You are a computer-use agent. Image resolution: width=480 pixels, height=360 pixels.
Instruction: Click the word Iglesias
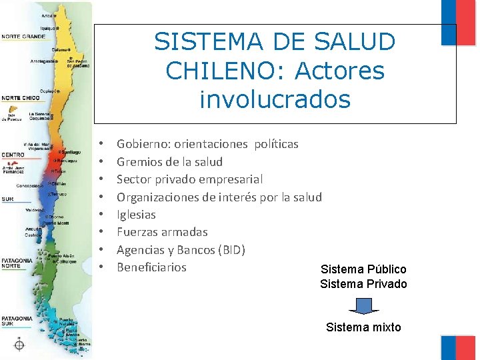click(x=136, y=215)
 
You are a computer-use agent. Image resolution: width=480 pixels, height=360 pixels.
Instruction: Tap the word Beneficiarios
click(x=151, y=267)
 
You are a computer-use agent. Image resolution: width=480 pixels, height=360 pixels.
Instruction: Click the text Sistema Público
click(x=363, y=269)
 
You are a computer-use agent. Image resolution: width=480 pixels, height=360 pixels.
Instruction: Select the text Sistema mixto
click(x=363, y=327)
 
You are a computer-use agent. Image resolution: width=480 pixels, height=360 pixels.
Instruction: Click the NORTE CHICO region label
click(x=20, y=98)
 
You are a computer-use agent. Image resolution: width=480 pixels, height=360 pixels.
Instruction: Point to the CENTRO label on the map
click(x=13, y=155)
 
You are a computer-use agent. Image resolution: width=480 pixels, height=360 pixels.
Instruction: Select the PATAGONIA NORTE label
click(x=16, y=264)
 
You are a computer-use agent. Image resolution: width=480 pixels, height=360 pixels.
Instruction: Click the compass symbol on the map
click(x=19, y=345)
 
